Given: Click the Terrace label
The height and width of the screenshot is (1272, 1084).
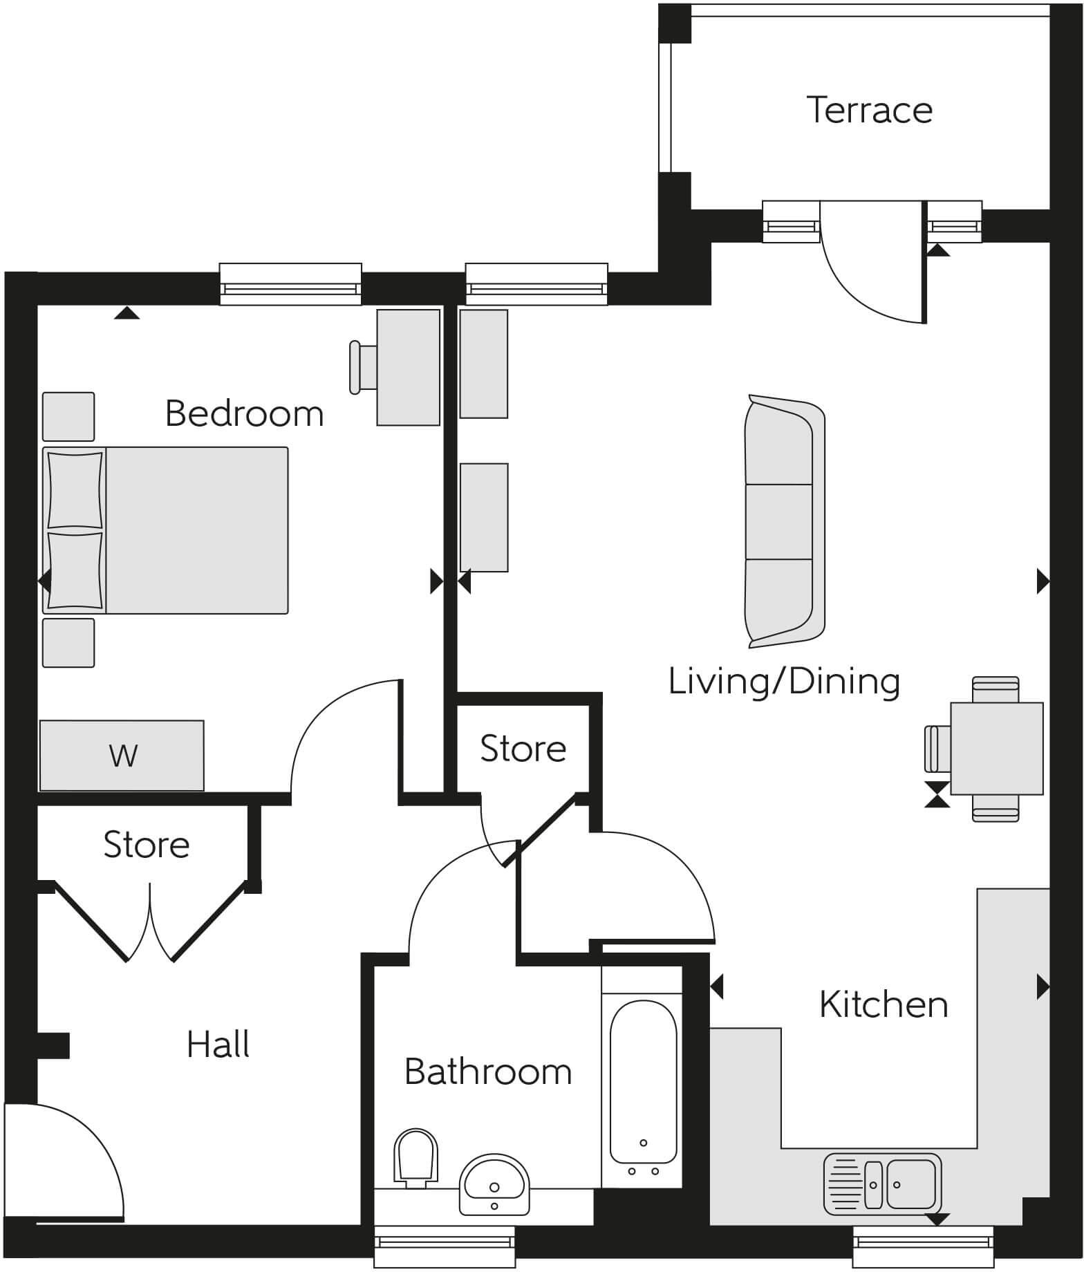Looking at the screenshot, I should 869,111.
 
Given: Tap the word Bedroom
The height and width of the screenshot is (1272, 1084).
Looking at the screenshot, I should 244,414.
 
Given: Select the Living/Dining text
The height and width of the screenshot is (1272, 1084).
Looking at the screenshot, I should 784,682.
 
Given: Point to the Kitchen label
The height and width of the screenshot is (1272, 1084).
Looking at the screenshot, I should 883,1004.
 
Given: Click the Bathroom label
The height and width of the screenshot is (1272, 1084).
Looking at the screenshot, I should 488,1072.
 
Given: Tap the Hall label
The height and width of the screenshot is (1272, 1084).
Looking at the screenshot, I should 218,1045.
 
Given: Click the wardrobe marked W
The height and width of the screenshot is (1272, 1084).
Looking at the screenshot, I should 122,756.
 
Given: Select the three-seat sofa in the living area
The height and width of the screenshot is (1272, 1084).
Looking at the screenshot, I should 785,522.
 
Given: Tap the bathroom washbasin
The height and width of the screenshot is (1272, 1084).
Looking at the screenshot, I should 494,1183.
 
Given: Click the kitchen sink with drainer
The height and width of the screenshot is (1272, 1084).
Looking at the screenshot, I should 882,1184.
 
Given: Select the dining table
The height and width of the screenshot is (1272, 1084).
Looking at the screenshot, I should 996,749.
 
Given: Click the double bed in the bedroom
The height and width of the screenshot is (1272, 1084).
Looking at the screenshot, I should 166,530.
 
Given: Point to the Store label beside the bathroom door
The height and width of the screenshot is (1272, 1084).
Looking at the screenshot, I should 523,749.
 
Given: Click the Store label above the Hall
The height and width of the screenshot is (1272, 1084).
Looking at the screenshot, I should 146,845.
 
